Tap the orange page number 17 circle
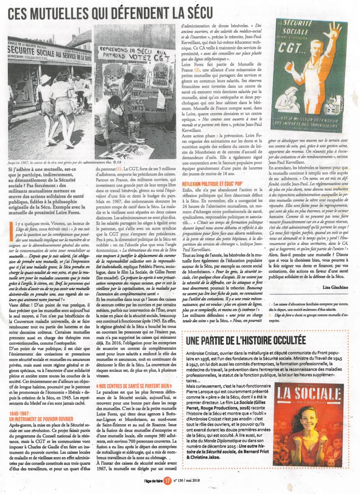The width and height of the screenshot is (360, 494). coord(167,480)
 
